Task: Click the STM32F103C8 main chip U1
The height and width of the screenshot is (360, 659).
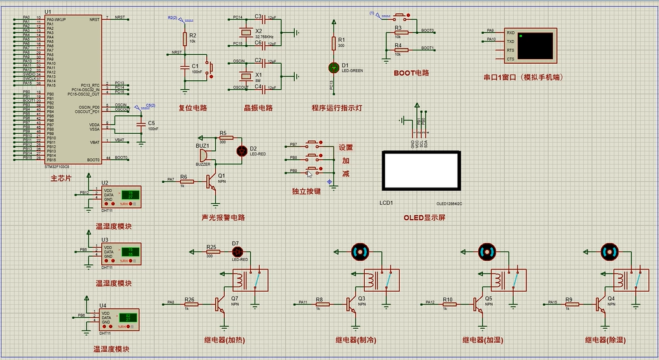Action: [71, 89]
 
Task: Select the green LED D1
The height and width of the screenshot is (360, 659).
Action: [332, 66]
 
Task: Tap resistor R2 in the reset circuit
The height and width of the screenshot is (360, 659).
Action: [185, 39]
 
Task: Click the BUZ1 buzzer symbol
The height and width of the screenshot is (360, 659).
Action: [203, 154]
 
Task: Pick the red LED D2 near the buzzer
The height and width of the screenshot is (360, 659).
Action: [242, 150]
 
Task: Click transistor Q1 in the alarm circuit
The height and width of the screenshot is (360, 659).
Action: [214, 183]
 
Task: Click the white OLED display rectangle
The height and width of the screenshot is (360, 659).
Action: [420, 171]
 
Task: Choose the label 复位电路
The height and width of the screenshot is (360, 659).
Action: [193, 108]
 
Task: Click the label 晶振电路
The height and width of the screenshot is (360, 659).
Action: [258, 108]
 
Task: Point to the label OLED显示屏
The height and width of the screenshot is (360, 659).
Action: [424, 217]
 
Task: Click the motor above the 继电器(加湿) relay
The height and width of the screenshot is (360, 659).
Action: [487, 251]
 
